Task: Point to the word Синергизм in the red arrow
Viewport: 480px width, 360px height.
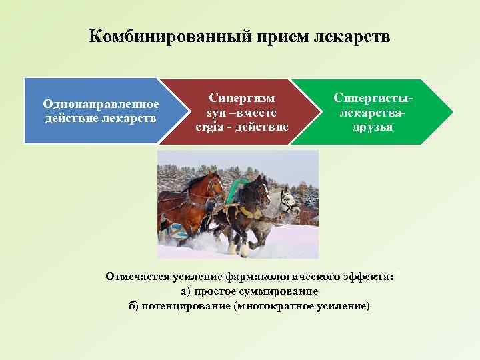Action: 242,97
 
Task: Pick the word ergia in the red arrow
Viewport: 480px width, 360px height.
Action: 209,127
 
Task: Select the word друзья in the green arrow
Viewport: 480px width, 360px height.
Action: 373,127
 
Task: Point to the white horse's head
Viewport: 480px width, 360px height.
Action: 289,200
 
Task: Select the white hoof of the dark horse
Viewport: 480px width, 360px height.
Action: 244,251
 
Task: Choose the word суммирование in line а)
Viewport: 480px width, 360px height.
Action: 283,291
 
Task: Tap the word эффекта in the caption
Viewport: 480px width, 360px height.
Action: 371,276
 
